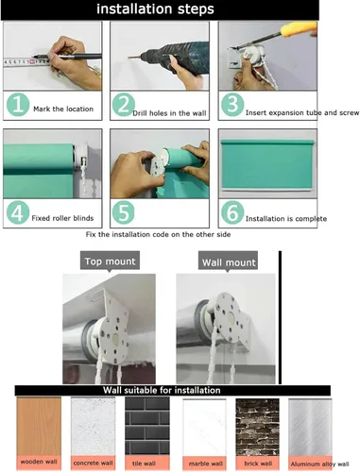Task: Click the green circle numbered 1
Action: click(18, 104)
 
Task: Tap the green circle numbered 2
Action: click(124, 105)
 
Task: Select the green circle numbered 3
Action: click(232, 105)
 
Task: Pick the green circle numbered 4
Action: click(18, 212)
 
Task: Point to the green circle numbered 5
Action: click(124, 212)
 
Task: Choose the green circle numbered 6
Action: click(232, 212)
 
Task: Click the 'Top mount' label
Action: click(110, 261)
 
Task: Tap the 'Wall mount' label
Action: click(229, 261)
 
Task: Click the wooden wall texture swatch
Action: click(39, 426)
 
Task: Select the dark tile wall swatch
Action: click(147, 426)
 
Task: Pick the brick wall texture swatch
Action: click(257, 427)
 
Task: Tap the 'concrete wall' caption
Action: click(93, 463)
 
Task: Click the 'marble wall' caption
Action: click(206, 464)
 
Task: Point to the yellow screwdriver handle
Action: click(299, 28)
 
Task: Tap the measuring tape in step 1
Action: click(26, 61)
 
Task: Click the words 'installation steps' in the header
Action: click(155, 9)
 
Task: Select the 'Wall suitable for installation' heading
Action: click(162, 390)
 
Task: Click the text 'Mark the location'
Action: click(63, 109)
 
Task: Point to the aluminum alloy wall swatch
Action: click(310, 427)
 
